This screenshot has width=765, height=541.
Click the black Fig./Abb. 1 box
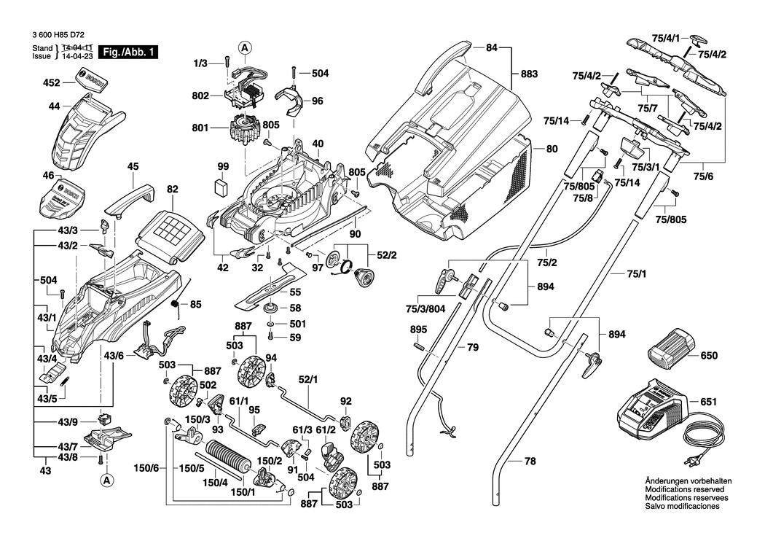click(128, 52)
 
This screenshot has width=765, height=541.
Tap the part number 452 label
click(51, 83)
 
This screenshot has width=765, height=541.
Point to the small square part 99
click(223, 187)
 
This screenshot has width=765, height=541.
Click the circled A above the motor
click(246, 47)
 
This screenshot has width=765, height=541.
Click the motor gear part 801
click(243, 128)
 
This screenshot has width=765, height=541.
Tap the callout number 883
click(529, 74)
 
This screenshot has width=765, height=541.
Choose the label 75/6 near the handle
click(703, 176)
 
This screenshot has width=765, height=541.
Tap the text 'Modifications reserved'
click(685, 489)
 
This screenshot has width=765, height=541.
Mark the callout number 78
click(530, 461)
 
